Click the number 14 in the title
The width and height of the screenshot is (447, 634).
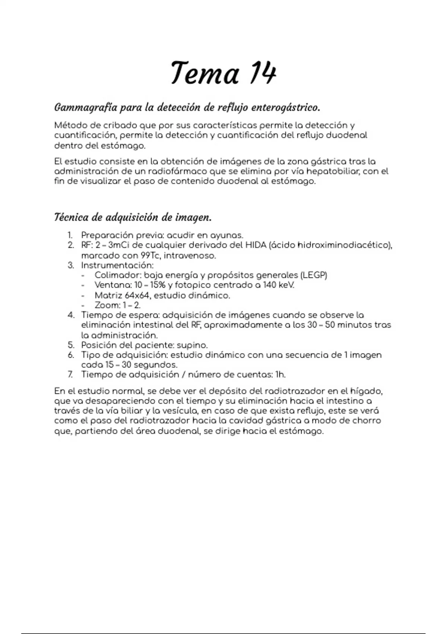263,73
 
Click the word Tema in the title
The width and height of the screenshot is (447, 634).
205,73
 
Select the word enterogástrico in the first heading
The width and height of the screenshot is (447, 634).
286,108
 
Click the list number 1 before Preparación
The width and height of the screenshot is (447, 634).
70,235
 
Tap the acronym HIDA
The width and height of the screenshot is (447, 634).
256,245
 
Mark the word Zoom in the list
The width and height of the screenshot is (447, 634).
107,305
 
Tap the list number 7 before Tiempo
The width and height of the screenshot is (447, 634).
70,374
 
